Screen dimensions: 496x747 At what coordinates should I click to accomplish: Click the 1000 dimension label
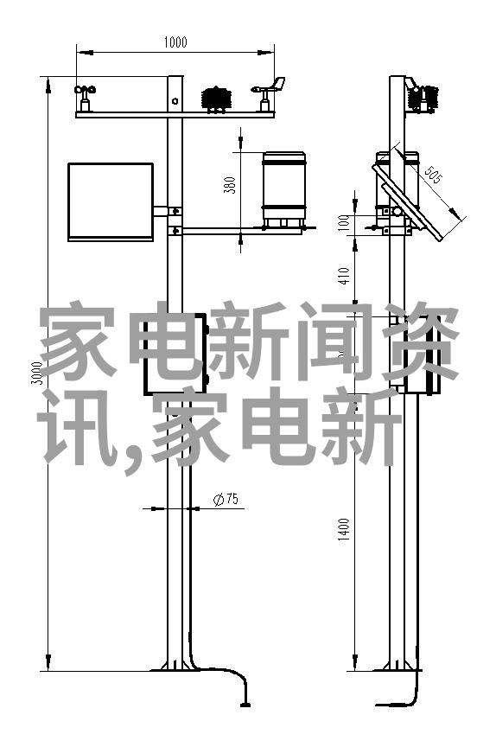pyautogui.click(x=175, y=42)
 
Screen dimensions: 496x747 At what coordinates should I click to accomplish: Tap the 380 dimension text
pyautogui.click(x=230, y=185)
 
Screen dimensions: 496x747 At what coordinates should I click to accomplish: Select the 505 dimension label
pyautogui.click(x=433, y=175)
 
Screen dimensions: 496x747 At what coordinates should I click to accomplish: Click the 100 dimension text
pyautogui.click(x=345, y=222)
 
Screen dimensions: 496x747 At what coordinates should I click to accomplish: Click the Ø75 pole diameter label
pyautogui.click(x=226, y=499)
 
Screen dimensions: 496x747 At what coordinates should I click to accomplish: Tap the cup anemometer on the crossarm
pyautogui.click(x=85, y=99)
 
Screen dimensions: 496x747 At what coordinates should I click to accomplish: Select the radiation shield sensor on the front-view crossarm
pyautogui.click(x=217, y=99)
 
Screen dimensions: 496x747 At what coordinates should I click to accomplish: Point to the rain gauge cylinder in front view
pyautogui.click(x=284, y=189)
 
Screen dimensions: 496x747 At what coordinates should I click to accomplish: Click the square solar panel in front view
pyautogui.click(x=111, y=201)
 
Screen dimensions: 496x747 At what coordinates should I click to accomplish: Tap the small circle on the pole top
pyautogui.click(x=175, y=100)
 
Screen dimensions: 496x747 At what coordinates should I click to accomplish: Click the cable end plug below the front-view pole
pyautogui.click(x=245, y=704)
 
